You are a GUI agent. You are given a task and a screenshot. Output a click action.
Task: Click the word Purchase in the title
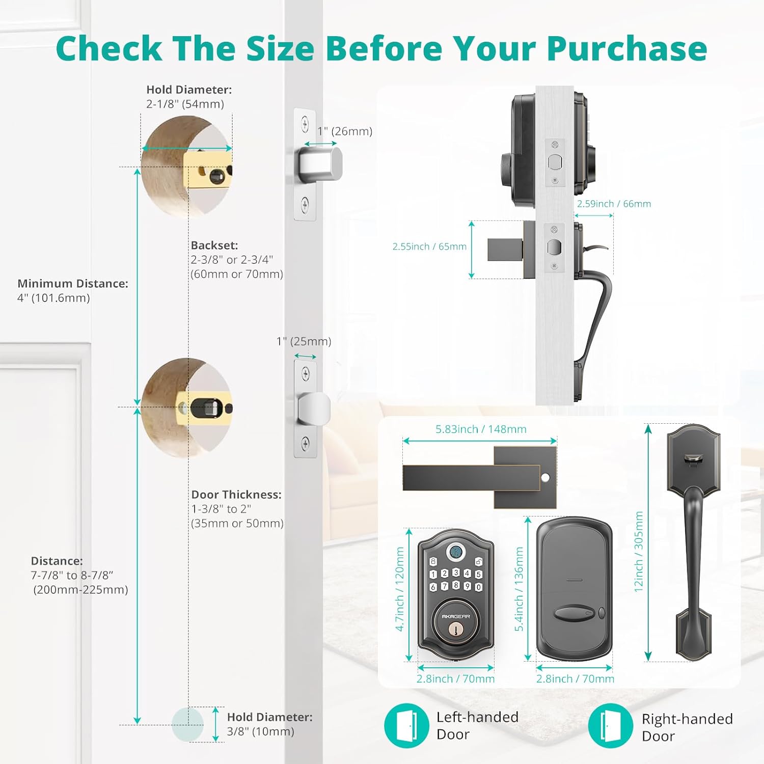tap(626, 49)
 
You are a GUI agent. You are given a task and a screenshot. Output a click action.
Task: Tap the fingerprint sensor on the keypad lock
tap(455, 552)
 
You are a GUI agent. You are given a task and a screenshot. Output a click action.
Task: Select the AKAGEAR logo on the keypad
tap(455, 616)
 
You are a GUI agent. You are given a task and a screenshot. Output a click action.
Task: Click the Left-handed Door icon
tap(406, 725)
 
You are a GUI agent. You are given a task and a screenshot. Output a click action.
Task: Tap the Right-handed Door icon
tap(610, 725)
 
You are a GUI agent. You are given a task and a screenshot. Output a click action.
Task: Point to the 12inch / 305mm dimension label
tap(639, 551)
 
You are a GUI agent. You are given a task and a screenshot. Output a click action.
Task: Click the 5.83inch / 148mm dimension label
tap(480, 429)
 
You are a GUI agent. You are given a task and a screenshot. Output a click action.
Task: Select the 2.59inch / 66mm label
tap(614, 204)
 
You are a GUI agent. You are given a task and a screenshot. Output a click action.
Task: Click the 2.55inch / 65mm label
tap(429, 247)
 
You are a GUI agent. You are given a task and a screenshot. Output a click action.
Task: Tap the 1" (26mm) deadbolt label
tap(345, 131)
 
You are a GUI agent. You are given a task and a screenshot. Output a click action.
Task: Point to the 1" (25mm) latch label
tap(304, 341)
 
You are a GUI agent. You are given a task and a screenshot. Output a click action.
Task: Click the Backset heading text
tap(214, 245)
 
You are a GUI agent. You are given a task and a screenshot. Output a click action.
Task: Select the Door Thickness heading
tap(236, 495)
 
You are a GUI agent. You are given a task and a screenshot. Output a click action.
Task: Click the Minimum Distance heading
tap(73, 284)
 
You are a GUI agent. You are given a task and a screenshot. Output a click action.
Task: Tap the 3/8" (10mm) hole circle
tap(187, 724)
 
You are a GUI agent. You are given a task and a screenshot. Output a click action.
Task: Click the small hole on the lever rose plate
tap(545, 478)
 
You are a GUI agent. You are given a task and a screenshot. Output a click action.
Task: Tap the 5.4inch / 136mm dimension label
tap(519, 589)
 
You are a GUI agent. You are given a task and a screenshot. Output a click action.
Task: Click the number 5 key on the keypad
tap(479, 574)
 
